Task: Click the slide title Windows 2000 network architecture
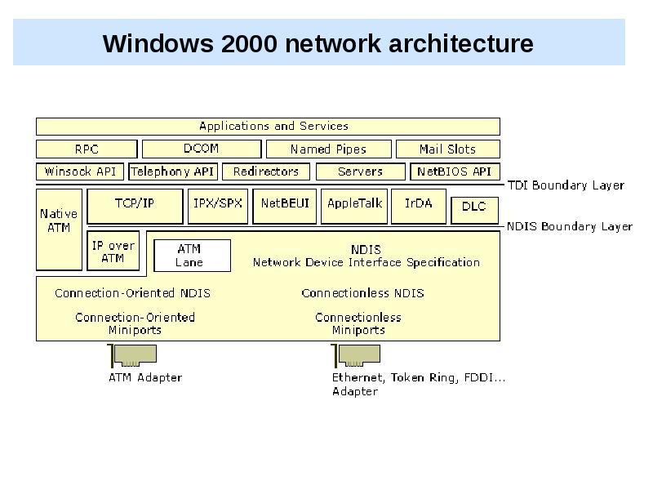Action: tap(318, 43)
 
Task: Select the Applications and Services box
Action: tap(268, 127)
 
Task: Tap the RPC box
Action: tap(86, 149)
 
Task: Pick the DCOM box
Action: tap(201, 149)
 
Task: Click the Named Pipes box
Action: tap(328, 149)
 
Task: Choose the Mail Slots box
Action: tap(447, 149)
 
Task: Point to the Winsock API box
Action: tap(80, 171)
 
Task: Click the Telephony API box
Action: tap(172, 171)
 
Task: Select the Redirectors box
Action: tap(266, 171)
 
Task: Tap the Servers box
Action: tap(360, 171)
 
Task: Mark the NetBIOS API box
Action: tap(454, 171)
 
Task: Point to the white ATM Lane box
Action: tap(192, 256)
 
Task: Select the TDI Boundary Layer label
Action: tap(566, 185)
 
